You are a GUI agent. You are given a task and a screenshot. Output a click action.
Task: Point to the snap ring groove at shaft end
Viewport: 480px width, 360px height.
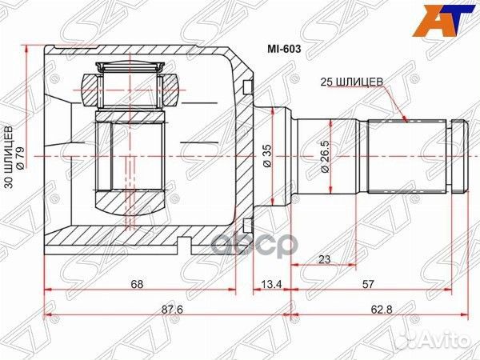[458, 157]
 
